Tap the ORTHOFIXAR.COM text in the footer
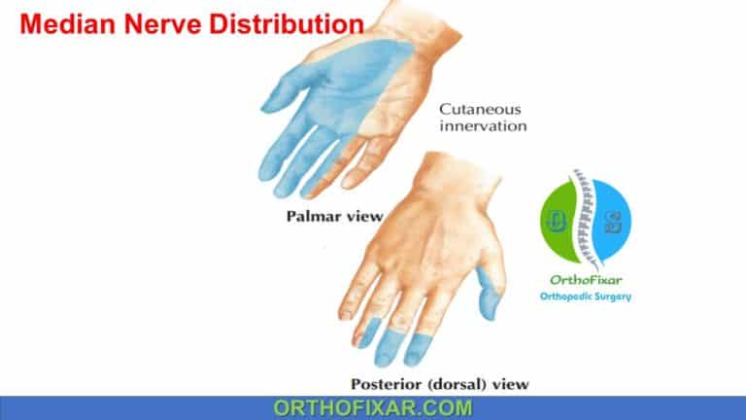372,407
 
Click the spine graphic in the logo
584,219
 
